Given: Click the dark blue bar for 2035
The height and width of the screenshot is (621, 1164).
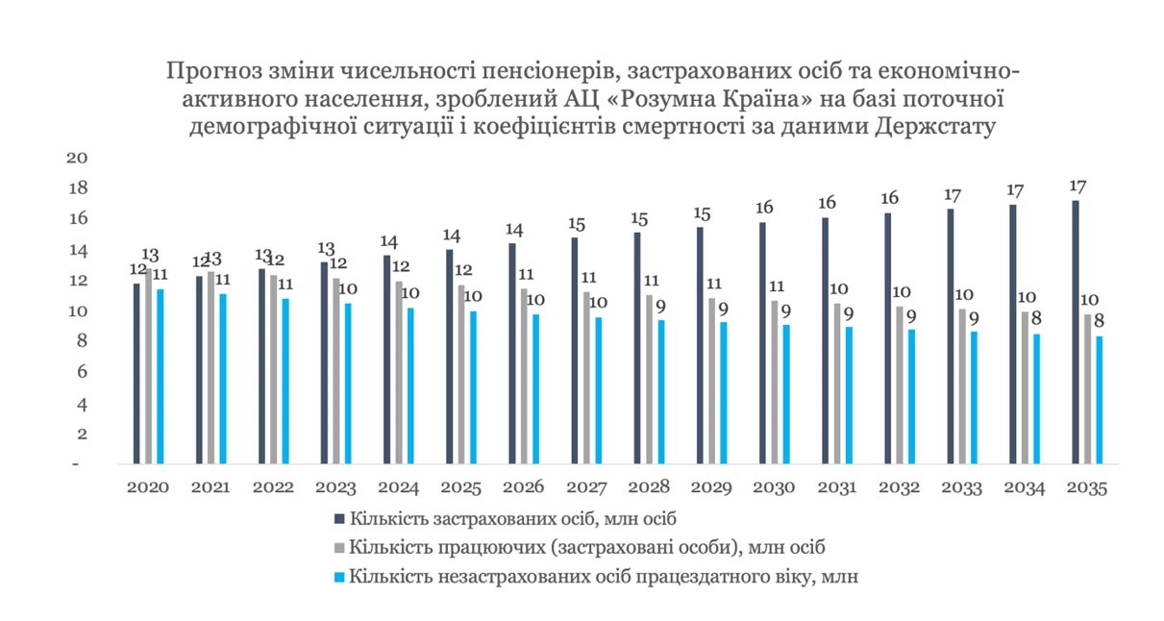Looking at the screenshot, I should coord(1075,332).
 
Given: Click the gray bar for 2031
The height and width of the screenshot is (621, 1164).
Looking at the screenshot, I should coord(836,384).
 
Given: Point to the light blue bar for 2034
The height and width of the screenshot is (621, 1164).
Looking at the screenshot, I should coord(1036,399).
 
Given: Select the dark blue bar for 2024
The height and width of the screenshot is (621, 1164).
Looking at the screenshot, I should coord(387,360).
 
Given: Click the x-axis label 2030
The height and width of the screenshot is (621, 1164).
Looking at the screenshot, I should coord(775,487).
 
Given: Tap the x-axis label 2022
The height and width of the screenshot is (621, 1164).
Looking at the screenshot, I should coord(273,487).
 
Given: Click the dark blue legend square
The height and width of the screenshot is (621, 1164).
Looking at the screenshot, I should coord(339,519).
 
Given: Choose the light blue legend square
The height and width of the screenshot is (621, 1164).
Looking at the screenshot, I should coord(339,577).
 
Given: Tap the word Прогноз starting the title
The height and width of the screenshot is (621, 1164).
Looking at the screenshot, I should coord(209,71).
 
